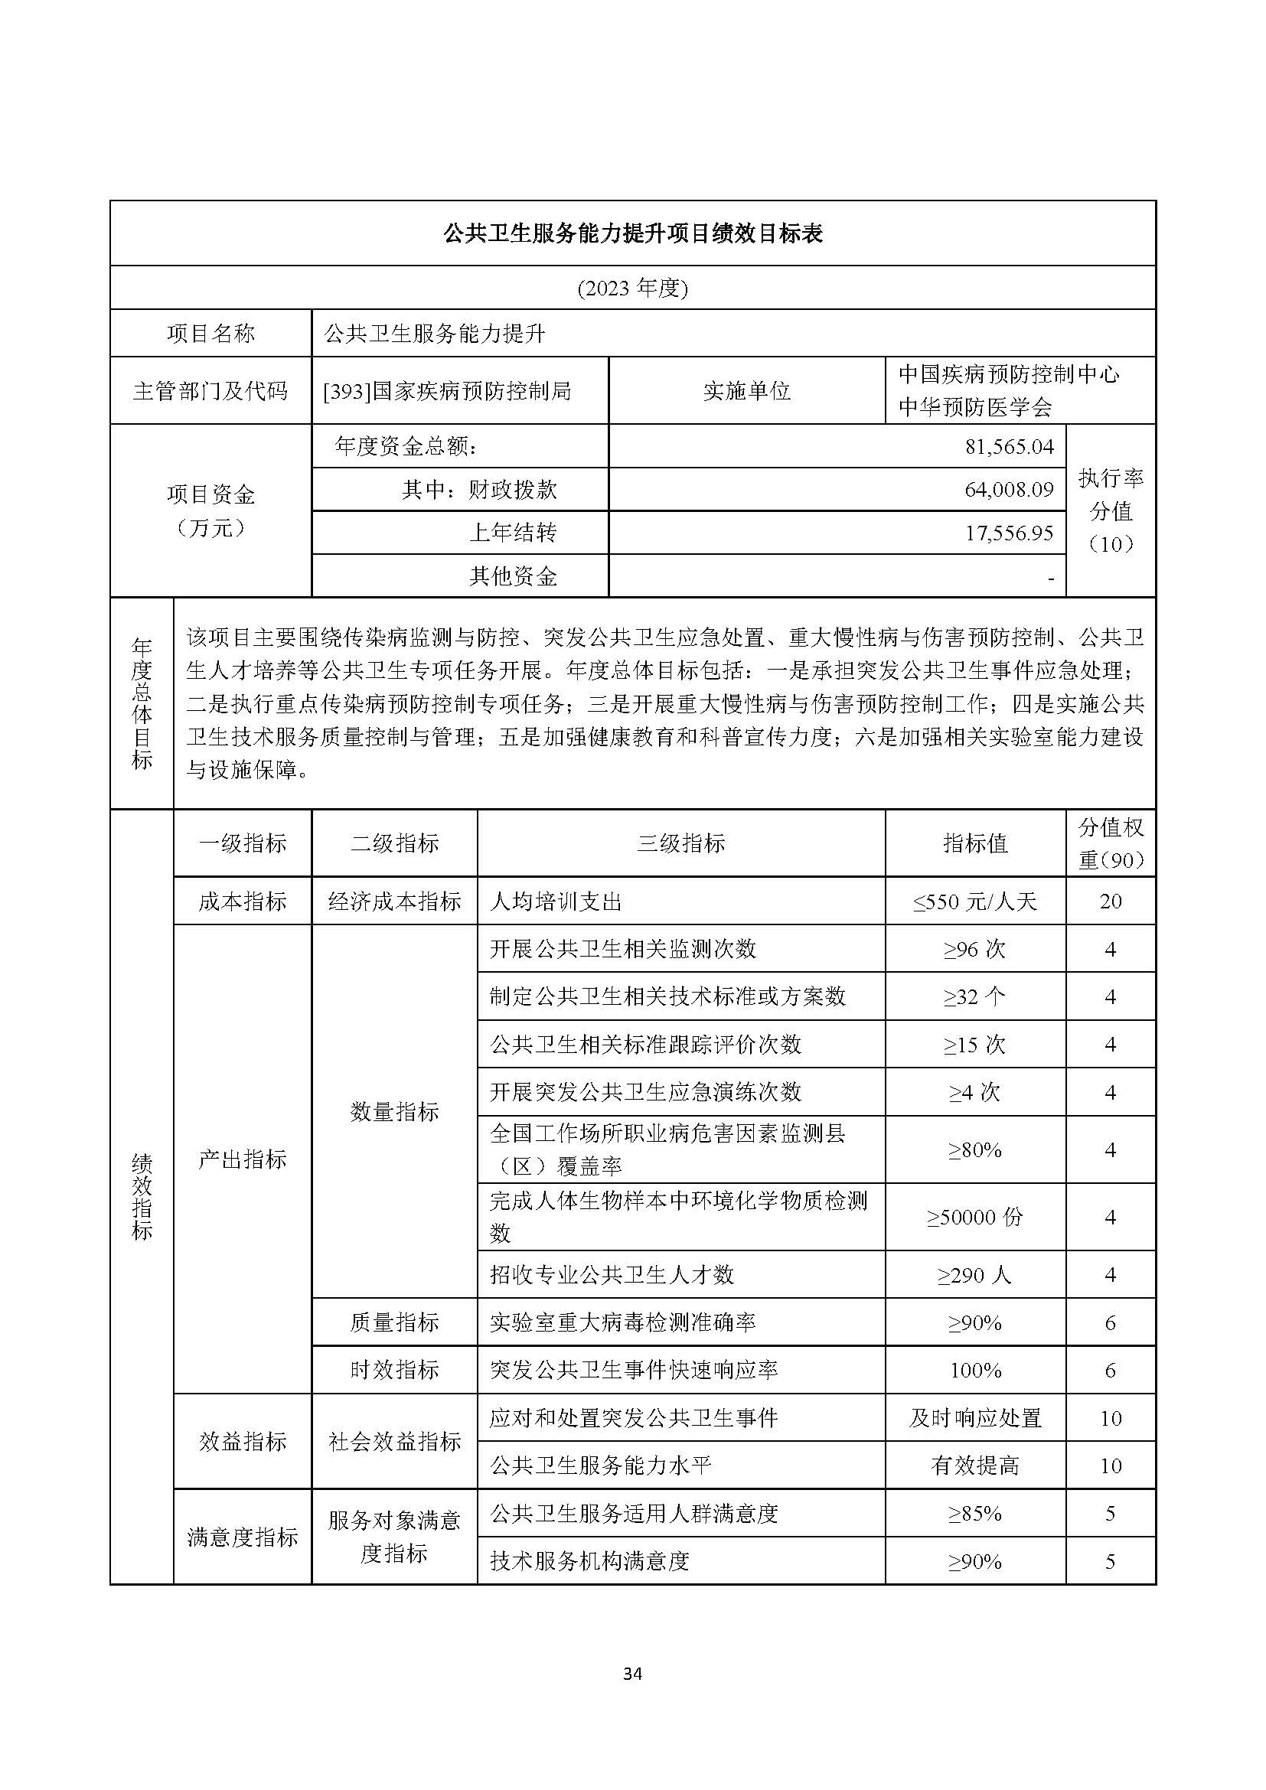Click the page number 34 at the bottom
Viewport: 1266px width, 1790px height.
(x=632, y=1673)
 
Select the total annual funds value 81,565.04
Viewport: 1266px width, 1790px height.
(x=1009, y=446)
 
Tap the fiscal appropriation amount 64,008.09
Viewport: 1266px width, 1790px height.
(x=1009, y=489)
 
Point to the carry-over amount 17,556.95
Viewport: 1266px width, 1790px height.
(x=1009, y=533)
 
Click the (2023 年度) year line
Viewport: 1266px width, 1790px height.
(x=632, y=289)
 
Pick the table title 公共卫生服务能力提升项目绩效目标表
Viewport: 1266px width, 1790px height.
(x=632, y=233)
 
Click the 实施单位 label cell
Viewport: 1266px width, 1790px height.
(x=746, y=390)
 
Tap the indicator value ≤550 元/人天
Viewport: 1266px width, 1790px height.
(x=974, y=902)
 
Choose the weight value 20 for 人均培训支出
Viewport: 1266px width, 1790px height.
(x=1110, y=902)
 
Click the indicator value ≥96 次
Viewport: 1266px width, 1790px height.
(x=974, y=950)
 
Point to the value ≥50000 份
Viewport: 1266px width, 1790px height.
(x=974, y=1217)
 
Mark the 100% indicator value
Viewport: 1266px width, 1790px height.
(x=974, y=1371)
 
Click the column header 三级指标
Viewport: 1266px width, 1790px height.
(x=680, y=843)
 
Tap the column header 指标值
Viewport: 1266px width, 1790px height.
(x=974, y=843)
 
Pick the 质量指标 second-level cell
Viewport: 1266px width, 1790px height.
(x=394, y=1322)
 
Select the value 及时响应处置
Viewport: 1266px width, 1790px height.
(x=974, y=1418)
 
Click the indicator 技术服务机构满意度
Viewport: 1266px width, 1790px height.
(x=589, y=1560)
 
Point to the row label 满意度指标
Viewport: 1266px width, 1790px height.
(x=243, y=1537)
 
